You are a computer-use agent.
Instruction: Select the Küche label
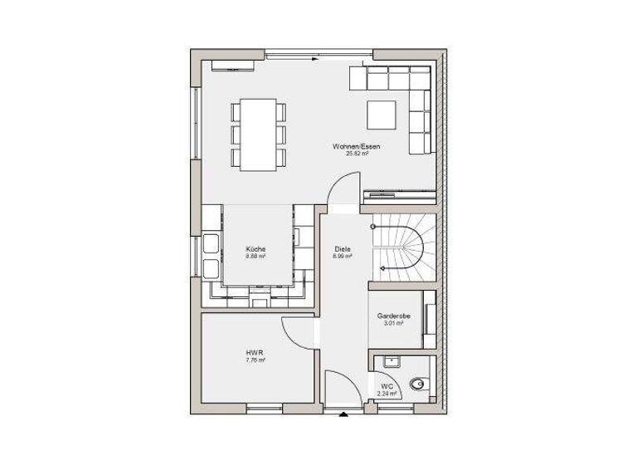point(255,249)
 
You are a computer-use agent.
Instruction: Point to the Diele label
point(343,249)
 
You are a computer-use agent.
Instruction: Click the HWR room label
point(255,353)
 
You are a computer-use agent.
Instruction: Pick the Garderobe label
point(390,316)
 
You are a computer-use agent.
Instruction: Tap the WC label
point(387,387)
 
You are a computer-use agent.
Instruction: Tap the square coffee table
point(383,113)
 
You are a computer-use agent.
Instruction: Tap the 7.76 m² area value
point(255,360)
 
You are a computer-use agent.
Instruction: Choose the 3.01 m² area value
point(390,323)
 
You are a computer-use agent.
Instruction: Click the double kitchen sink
point(210,257)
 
